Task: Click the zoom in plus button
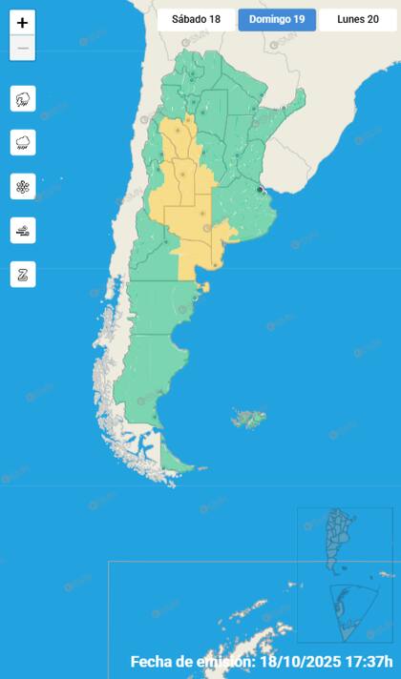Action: (23, 23)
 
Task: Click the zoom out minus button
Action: (23, 48)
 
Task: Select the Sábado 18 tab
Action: (196, 19)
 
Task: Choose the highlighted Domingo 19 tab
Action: (277, 19)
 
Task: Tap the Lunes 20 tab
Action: (358, 19)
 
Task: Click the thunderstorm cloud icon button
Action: (23, 98)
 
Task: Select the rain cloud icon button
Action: (23, 142)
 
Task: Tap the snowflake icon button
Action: (23, 186)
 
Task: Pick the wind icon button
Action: (23, 230)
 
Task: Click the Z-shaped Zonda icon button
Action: (23, 274)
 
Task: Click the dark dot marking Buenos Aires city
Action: (260, 190)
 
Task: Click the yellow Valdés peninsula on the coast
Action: (203, 285)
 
